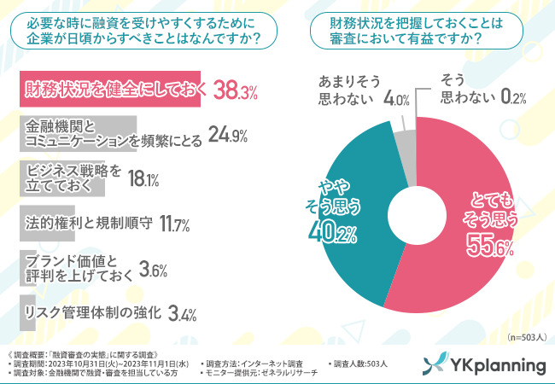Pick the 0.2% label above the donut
point(511,99)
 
